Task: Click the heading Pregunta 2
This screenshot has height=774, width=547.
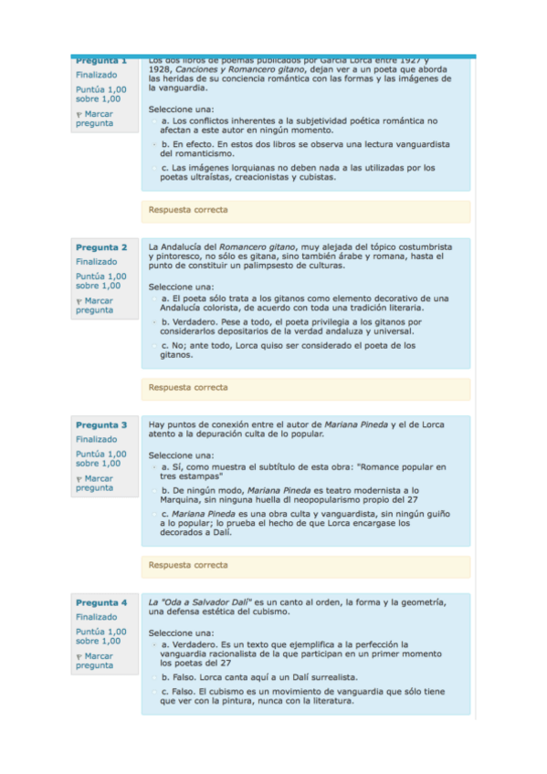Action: pyautogui.click(x=101, y=246)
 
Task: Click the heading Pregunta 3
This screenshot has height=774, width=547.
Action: pyautogui.click(x=101, y=424)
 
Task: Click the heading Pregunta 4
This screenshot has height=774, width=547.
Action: pyautogui.click(x=101, y=602)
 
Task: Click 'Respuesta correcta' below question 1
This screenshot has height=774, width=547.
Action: pyautogui.click(x=188, y=210)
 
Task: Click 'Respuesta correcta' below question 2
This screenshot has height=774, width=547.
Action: pyautogui.click(x=188, y=387)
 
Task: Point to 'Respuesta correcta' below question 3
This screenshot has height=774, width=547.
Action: pyautogui.click(x=188, y=565)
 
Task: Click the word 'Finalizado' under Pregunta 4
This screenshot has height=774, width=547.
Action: pyautogui.click(x=96, y=617)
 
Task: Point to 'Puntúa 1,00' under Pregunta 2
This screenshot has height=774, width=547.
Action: pyautogui.click(x=100, y=276)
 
